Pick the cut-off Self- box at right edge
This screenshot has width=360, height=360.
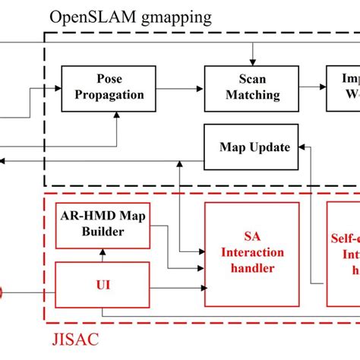[343, 253]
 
